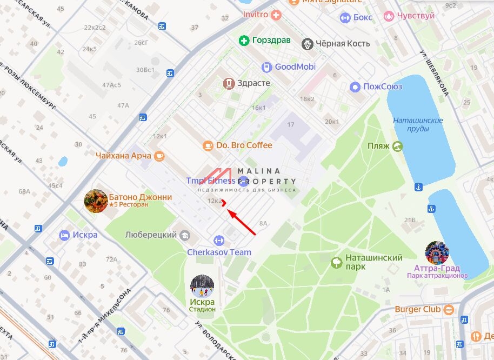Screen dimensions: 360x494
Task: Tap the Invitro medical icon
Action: (x=276, y=15)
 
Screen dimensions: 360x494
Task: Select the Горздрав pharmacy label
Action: (x=265, y=41)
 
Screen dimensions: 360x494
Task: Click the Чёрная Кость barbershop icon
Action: (x=308, y=44)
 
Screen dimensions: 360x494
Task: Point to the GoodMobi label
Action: (x=295, y=67)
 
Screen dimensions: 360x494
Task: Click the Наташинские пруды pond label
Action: (x=418, y=124)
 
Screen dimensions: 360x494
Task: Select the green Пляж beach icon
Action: (x=398, y=146)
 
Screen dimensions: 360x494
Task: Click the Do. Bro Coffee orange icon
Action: (x=208, y=145)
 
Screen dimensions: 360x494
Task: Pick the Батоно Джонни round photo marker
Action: (x=96, y=201)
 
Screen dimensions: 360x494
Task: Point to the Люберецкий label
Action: (x=151, y=235)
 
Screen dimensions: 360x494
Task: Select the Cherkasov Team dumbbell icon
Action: (x=219, y=240)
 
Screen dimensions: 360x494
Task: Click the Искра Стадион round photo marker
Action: (x=202, y=286)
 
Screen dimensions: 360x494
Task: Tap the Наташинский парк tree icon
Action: (x=337, y=263)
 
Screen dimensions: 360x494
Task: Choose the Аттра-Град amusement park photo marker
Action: (x=437, y=252)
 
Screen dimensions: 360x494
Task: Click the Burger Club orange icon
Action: (x=449, y=310)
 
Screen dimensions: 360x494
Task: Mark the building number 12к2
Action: (x=215, y=201)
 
